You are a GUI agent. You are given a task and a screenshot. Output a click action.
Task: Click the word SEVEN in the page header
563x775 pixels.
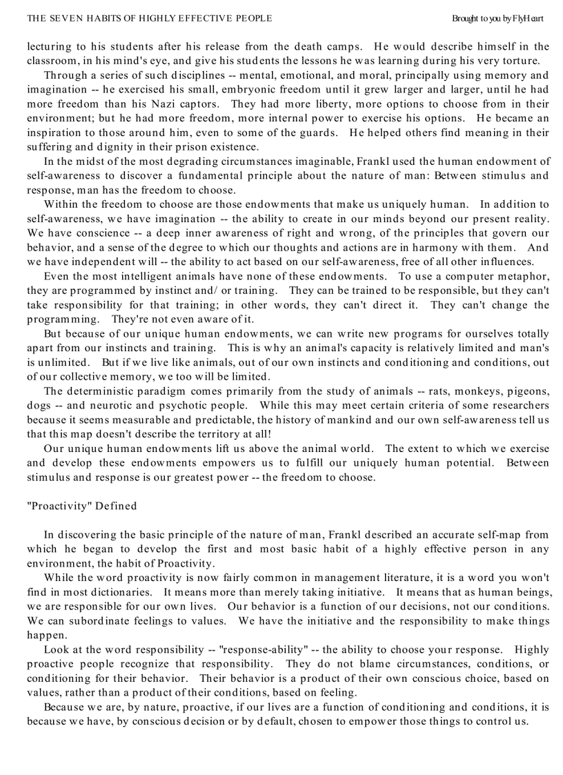click(63, 19)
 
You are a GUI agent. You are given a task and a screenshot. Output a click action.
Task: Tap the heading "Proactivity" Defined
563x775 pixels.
click(81, 506)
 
